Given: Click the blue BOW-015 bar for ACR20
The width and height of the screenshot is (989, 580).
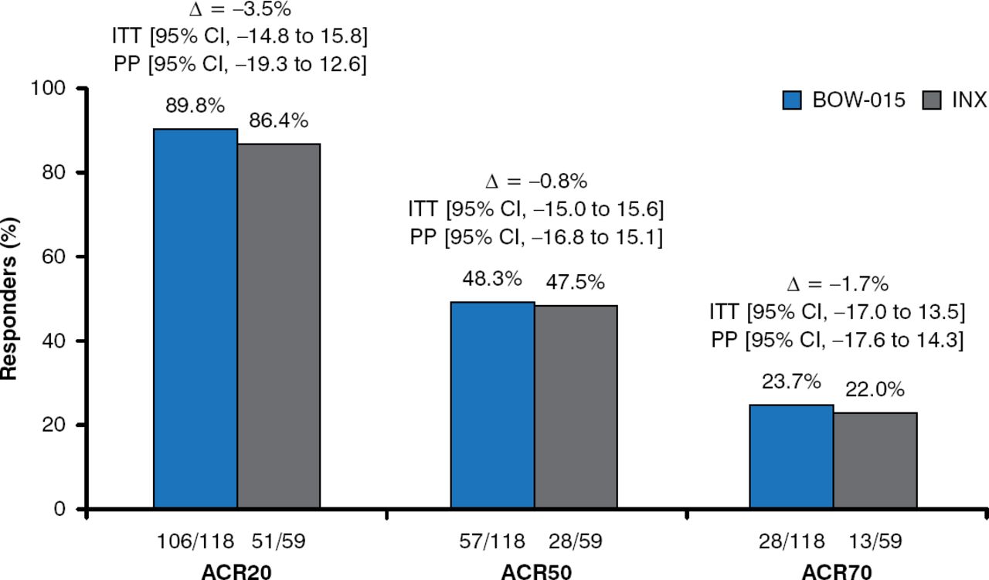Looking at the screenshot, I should pyautogui.click(x=195, y=318).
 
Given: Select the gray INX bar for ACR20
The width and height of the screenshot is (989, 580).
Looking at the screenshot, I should pyautogui.click(x=279, y=326).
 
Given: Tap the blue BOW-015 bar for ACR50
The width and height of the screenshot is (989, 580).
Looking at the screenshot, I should pyautogui.click(x=493, y=405).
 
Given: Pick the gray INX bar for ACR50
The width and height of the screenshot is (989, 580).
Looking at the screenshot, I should pyautogui.click(x=576, y=407).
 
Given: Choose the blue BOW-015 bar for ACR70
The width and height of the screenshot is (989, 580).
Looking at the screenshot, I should pyautogui.click(x=792, y=456).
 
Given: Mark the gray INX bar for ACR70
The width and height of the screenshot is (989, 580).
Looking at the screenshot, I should pyautogui.click(x=875, y=460).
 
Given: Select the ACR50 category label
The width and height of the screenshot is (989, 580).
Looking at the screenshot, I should pyautogui.click(x=535, y=571).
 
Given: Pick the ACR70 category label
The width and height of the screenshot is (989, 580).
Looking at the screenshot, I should pyautogui.click(x=833, y=571).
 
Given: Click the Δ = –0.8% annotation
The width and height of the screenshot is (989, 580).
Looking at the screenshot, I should pyautogui.click(x=535, y=181).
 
